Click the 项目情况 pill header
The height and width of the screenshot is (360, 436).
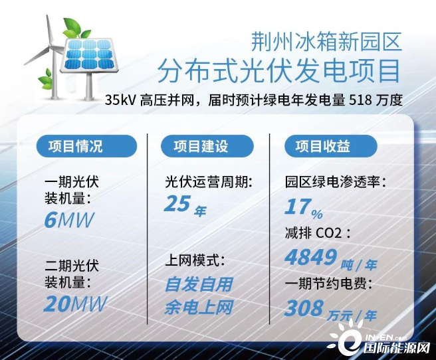click(87, 146)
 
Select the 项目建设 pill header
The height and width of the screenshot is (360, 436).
click(207, 146)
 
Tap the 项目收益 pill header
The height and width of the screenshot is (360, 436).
click(330, 146)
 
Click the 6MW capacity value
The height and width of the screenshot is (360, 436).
click(69, 220)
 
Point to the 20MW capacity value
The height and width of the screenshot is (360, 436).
click(75, 304)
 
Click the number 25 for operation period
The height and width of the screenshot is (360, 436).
click(177, 204)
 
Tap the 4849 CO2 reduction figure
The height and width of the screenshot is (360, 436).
click(311, 257)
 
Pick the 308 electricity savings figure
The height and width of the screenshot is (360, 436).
click(304, 308)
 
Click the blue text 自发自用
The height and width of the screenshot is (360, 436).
click(199, 284)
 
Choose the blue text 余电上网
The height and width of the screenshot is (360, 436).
click(199, 308)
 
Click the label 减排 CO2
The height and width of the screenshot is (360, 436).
click(318, 232)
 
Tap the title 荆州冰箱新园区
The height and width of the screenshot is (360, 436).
click(326, 41)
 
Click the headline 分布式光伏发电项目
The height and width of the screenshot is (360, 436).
click(279, 71)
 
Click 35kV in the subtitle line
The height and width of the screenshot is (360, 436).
click(120, 100)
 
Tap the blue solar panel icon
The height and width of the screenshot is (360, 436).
click(89, 54)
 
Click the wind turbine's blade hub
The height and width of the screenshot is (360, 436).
click(51, 46)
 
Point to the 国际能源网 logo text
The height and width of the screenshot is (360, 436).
click(397, 348)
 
